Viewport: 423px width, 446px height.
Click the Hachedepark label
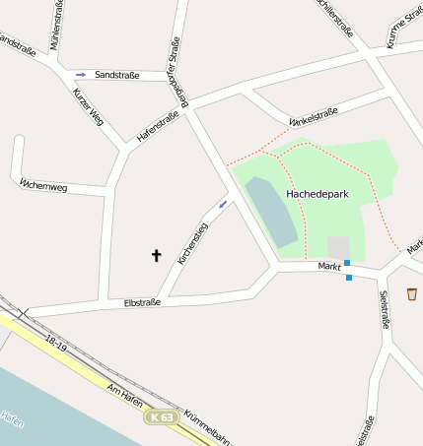tap(317, 195)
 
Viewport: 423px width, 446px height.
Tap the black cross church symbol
tap(156, 256)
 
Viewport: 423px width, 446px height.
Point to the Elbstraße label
tap(141, 302)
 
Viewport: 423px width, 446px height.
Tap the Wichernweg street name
tap(43, 184)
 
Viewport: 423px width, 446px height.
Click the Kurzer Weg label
tap(88, 106)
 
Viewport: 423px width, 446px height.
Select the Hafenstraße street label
tap(158, 126)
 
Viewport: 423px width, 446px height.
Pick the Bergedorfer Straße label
tap(176, 70)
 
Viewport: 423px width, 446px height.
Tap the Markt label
tap(329, 267)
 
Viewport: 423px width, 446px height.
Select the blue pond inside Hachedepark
tap(270, 211)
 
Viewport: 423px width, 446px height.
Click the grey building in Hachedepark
tap(339, 248)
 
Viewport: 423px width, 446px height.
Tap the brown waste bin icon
tap(411, 293)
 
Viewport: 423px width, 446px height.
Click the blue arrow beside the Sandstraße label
tap(81, 75)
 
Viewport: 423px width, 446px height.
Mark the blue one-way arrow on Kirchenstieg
tap(223, 204)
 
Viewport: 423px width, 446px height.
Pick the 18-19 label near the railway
tap(56, 343)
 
